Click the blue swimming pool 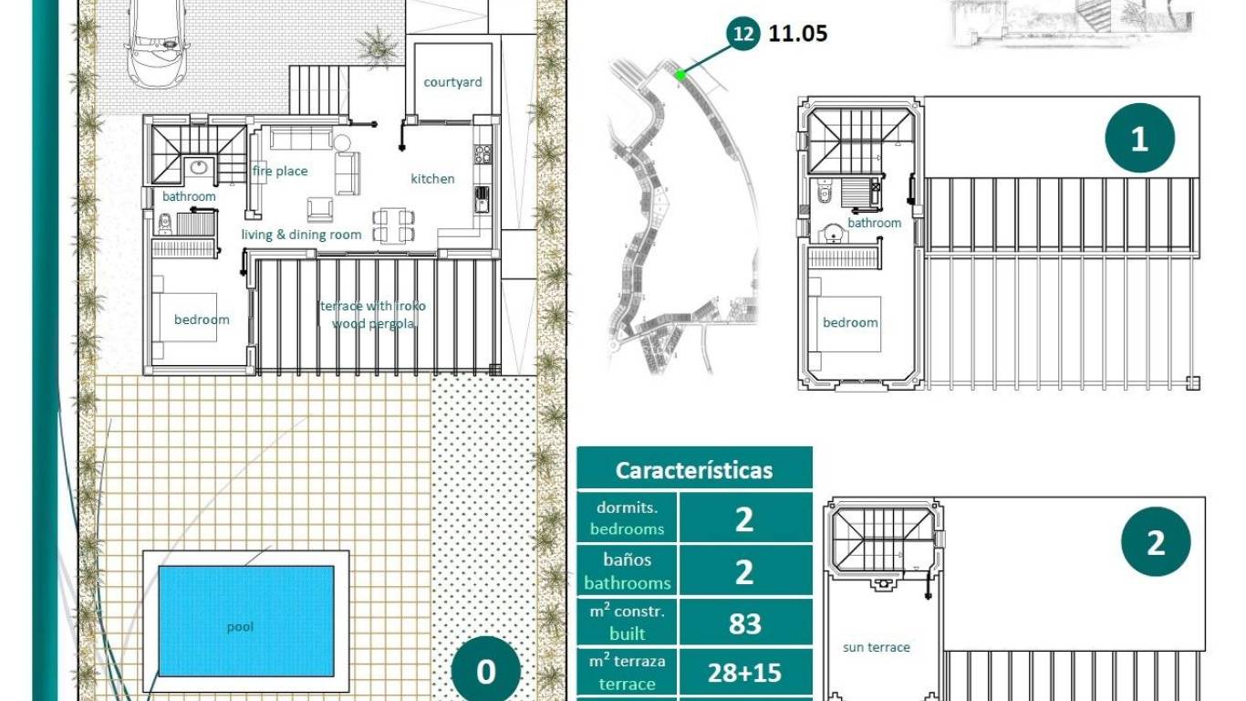point(246,621)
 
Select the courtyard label point(452,82)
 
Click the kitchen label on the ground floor point(432,179)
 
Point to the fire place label point(280,171)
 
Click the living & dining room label point(301,235)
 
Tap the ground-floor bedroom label point(202,319)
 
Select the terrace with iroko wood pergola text point(373,315)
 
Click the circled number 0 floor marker point(486,672)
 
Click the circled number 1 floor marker point(1139,140)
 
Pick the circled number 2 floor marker point(1156,543)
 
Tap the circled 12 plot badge point(743,34)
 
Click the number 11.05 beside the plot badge point(798,34)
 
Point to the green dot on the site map point(680,76)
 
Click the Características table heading point(694,470)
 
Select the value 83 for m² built point(744,623)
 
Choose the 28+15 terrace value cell point(744,673)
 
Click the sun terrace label point(877,647)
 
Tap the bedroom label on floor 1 point(850,322)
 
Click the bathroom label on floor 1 point(874,223)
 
